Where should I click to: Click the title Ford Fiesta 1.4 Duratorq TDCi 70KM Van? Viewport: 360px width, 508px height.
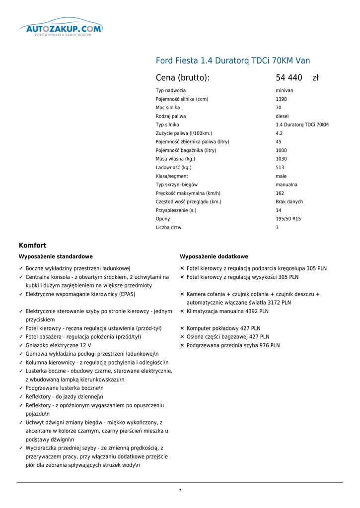233,61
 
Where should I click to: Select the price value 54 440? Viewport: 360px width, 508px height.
289,78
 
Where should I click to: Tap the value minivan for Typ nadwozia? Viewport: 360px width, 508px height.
285,91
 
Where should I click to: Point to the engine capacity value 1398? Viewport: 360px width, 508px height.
282,99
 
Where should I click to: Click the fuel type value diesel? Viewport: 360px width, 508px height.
283,116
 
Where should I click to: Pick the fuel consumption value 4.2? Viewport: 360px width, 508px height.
279,133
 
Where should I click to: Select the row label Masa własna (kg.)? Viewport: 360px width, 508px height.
175,159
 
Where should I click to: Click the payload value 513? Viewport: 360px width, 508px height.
280,168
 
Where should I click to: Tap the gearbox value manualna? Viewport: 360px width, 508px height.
287,185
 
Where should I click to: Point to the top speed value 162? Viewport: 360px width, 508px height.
280,193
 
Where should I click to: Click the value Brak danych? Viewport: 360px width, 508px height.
289,202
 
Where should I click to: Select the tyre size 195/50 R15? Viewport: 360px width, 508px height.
288,219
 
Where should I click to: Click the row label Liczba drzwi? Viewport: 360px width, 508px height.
169,227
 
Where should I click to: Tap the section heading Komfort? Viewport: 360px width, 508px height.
32,246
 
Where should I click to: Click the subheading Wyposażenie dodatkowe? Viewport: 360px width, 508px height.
214,256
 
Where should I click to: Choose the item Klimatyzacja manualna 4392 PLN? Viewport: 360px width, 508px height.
227,312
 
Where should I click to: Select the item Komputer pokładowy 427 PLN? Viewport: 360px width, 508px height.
223,328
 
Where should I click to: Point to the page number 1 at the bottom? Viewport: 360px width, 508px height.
180,491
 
